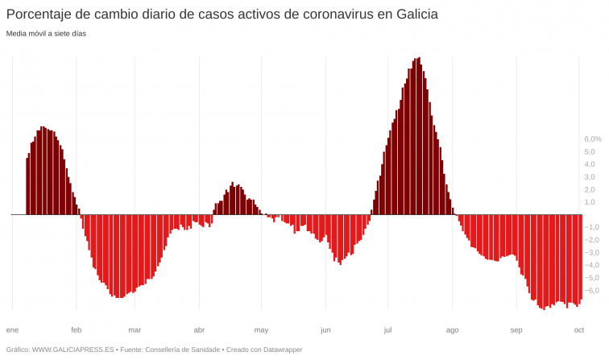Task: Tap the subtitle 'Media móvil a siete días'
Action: (x=46, y=34)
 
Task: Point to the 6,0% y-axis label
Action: (x=593, y=139)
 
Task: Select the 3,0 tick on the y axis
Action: (x=590, y=177)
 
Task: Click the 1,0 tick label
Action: (x=590, y=202)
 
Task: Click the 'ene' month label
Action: (x=12, y=330)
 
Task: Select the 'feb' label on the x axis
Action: (x=77, y=330)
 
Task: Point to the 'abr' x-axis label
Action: (x=199, y=330)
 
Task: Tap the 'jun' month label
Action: (x=325, y=330)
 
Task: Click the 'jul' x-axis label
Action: (x=387, y=330)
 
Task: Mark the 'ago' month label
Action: (x=453, y=330)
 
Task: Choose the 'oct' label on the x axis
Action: (x=578, y=330)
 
